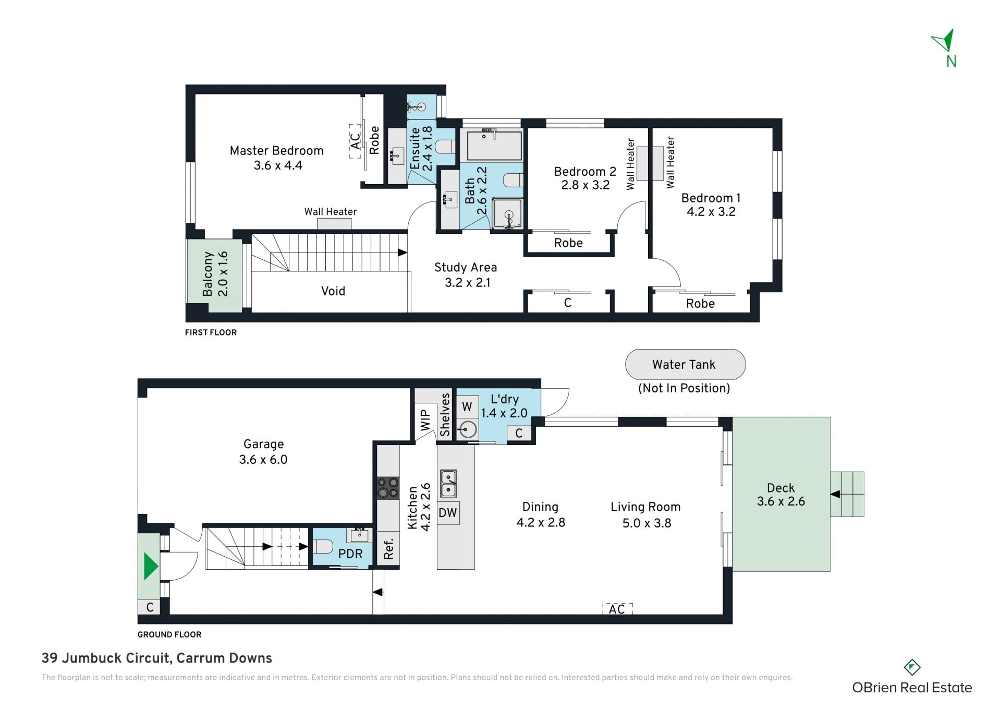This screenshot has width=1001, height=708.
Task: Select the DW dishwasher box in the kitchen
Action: (448, 513)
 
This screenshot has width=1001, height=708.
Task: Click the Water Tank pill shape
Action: (685, 364)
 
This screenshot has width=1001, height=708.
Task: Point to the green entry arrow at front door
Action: (151, 567)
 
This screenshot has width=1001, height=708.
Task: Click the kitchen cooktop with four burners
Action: (388, 488)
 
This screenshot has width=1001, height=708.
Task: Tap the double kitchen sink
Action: (448, 484)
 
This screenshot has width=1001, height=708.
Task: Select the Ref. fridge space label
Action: (388, 548)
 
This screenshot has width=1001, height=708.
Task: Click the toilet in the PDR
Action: (323, 547)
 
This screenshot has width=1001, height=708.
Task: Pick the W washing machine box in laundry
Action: (467, 406)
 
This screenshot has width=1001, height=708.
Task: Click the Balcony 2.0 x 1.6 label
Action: (215, 274)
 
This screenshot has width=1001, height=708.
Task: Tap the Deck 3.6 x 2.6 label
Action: (781, 495)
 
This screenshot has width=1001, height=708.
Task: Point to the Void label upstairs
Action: (333, 291)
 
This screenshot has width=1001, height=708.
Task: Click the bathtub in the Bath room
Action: (494, 146)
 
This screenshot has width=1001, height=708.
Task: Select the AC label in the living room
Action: (617, 609)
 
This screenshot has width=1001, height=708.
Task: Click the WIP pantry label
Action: (425, 420)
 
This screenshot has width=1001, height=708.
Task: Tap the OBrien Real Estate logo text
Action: (912, 688)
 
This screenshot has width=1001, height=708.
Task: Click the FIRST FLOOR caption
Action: (211, 332)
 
